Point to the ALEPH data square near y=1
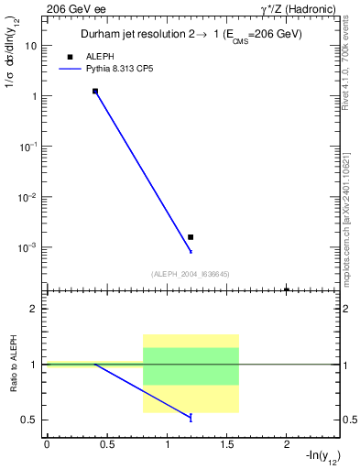(94, 92)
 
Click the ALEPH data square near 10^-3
(191, 237)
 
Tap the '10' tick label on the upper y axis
(30, 45)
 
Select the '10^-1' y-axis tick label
(27, 147)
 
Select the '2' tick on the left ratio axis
(33, 309)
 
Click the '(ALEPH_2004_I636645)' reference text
(191, 274)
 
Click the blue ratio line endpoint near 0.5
(191, 418)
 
